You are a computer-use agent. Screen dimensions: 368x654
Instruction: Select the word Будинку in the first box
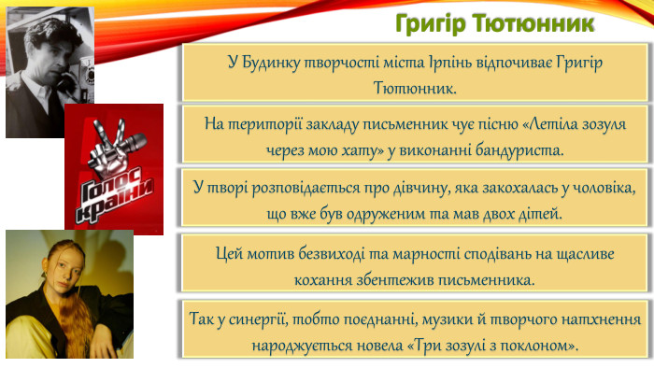pos(278,63)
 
